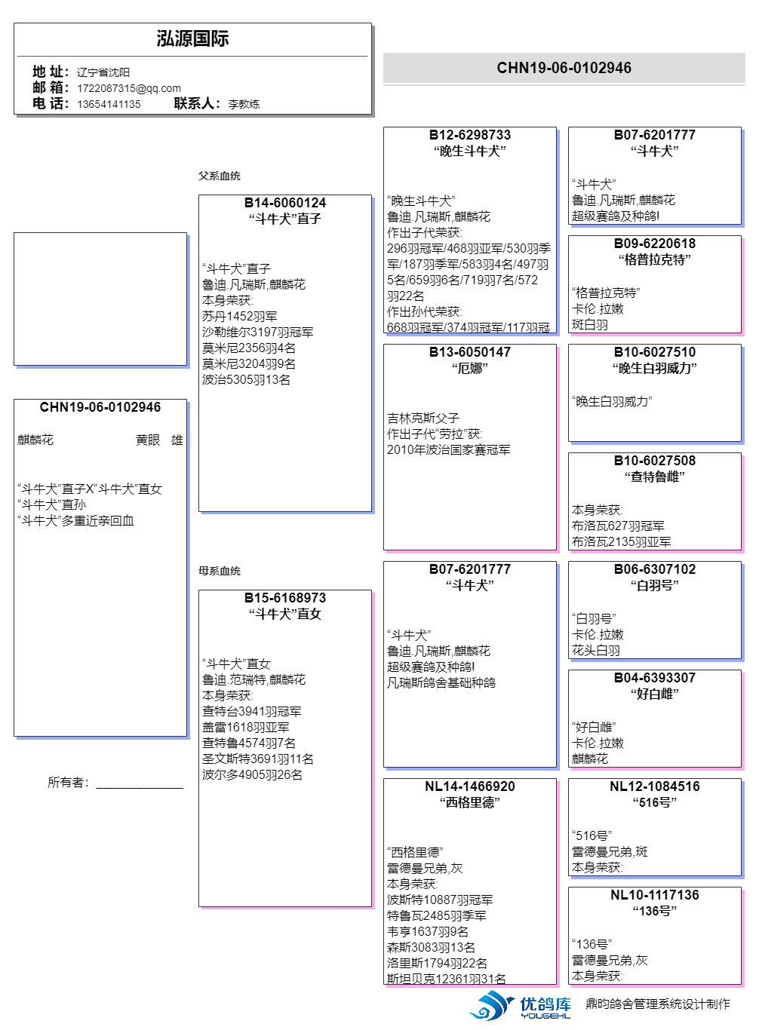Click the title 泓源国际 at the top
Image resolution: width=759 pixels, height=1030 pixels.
pos(192,39)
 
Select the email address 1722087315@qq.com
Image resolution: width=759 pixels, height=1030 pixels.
pos(128,88)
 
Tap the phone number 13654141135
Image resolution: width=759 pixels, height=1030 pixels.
pos(109,104)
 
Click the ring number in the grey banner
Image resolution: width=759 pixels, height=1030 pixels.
pos(564,68)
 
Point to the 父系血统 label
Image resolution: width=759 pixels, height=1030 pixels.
pos(220,176)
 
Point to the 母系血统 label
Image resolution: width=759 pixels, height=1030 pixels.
pos(220,571)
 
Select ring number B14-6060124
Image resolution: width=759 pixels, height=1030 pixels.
pos(285,203)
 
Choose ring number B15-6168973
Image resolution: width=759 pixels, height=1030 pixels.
pos(285,598)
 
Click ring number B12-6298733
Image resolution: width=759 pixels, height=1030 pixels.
pos(470,135)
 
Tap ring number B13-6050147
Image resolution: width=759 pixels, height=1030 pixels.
pos(470,352)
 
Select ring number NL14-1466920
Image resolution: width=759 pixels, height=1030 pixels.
pos(470,786)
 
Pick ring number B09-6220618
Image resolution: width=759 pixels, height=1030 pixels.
pos(655,244)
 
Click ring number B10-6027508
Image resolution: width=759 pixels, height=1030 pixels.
pos(655,461)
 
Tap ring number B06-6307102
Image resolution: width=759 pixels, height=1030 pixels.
pos(655,569)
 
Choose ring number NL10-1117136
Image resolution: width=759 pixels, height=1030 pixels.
pos(655,895)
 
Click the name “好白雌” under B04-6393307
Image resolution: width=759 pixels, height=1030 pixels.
pos(655,694)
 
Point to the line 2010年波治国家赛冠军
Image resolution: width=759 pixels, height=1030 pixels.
pos(449,450)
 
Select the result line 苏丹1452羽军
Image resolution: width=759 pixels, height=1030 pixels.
pos(240,317)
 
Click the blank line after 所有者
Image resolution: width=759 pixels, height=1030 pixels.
pos(140,784)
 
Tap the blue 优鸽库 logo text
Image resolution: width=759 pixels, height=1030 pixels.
pos(545,1004)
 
